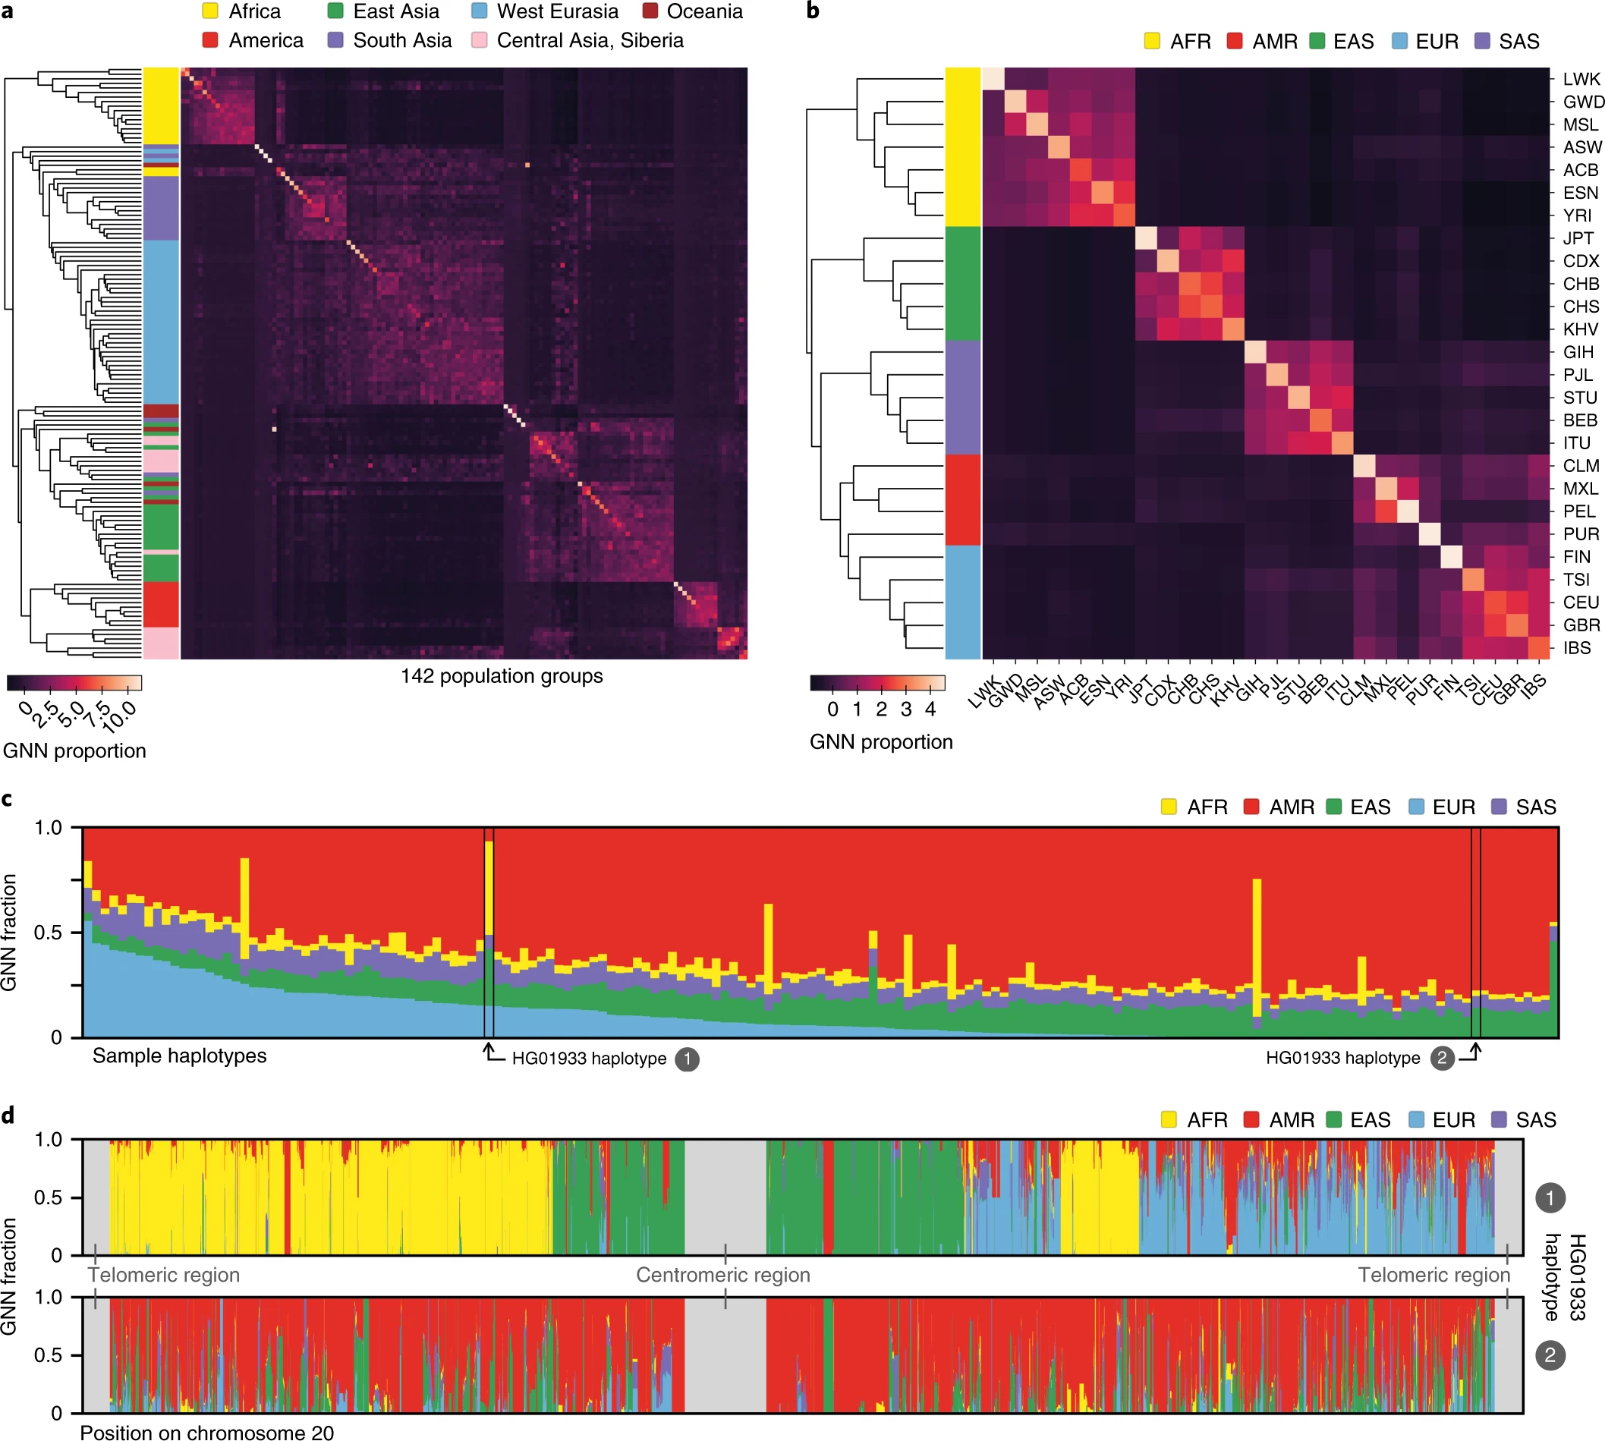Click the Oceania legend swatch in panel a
coord(650,11)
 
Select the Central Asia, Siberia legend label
coord(589,40)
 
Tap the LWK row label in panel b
coord(1581,79)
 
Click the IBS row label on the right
coord(1575,648)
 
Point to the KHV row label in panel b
coord(1580,329)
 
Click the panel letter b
coord(813,11)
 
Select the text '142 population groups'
coord(501,676)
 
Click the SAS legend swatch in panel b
coord(1482,41)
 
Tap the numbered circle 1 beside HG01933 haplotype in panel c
coord(687,1059)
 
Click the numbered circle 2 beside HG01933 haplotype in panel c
coord(1442,1058)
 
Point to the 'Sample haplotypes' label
coord(179,1056)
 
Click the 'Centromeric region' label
coord(723,1275)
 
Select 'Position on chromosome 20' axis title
coord(206,1431)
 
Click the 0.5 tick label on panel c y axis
coord(48,933)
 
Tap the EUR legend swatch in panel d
coord(1417,1119)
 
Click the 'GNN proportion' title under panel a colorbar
coord(74,750)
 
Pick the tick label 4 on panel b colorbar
coord(930,709)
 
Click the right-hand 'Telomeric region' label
coord(1433,1275)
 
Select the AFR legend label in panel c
coord(1207,807)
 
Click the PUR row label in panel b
coord(1581,534)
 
